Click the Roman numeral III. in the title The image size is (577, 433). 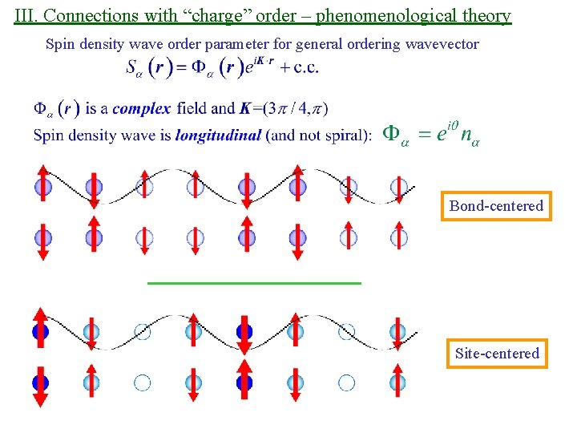coord(26,14)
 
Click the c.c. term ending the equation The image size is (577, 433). coord(306,67)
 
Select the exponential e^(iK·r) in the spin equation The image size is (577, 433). coord(258,66)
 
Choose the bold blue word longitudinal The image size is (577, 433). coord(218,135)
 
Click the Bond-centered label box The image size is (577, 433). coord(496,206)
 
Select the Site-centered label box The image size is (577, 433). coord(497,354)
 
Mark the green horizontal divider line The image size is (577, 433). coord(255,283)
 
